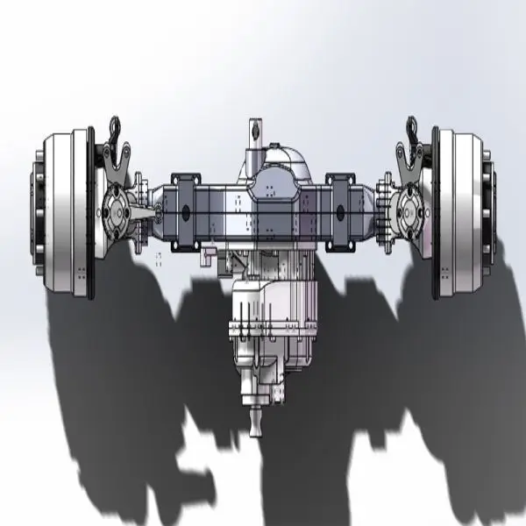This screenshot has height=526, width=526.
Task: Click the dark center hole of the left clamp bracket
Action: [185, 211]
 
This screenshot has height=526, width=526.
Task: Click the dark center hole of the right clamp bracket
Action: [341, 211]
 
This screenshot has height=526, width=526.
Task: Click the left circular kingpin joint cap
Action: [116, 211]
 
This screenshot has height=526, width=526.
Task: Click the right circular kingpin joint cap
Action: [409, 211]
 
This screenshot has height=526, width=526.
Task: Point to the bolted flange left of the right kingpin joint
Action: [383, 209]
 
